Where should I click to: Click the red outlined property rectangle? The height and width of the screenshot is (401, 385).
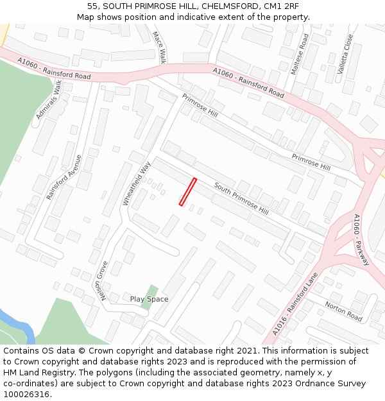pos(187,192)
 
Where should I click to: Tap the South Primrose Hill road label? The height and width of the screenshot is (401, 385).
pos(241,198)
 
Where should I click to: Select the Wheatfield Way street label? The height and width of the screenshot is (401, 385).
pos(136,183)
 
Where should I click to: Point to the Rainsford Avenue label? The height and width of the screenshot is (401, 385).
pos(64,177)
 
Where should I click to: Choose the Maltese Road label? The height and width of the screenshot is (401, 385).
pos(300,54)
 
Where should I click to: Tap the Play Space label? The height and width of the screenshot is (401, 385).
pos(149,299)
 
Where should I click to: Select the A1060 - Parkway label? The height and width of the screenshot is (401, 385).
pos(361,239)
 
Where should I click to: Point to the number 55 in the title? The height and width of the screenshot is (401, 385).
pos(93,6)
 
